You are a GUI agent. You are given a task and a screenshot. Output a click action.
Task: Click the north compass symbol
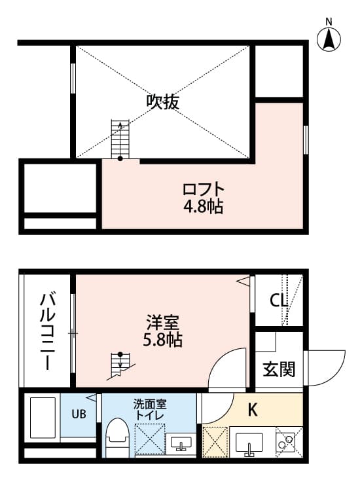tap(329, 37)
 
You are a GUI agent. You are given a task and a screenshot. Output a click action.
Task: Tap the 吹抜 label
tap(162, 102)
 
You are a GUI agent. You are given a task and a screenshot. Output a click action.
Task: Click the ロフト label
tap(203, 190)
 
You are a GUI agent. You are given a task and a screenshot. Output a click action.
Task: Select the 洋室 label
tap(163, 323)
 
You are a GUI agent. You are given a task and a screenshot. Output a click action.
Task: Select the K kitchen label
tap(252, 410)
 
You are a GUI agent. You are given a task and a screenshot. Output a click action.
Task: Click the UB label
tap(79, 414)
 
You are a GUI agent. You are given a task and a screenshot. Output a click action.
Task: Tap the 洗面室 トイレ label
tap(149, 409)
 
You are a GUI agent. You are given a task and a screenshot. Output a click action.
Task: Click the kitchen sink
tap(250, 445)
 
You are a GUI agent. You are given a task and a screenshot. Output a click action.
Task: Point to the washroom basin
tap(179, 445)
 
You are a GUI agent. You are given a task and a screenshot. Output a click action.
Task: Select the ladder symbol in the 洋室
tap(120, 365)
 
